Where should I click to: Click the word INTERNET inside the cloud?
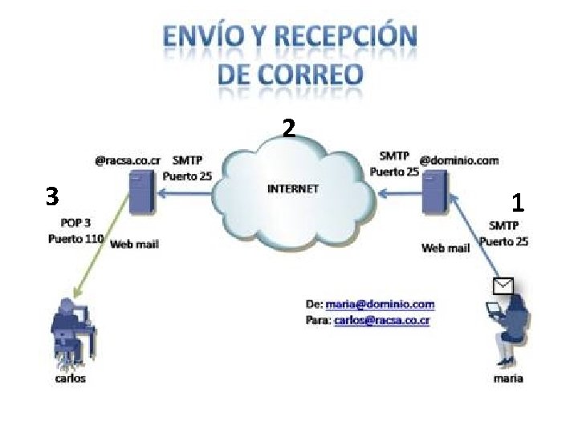pos(292,189)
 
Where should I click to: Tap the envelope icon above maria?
pos(503,286)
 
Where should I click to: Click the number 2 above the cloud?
pos(289,129)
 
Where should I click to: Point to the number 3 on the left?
pos(52,196)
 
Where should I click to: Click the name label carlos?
pos(70,378)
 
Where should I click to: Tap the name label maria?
pos(508,378)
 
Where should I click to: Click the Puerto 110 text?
pos(76,238)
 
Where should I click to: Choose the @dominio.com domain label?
pos(459,160)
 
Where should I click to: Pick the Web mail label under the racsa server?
pos(134,244)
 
